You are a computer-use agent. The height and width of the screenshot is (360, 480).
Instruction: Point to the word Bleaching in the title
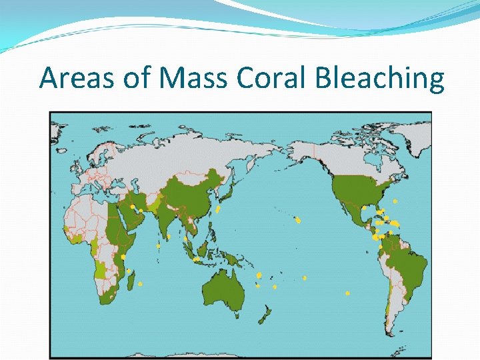379,78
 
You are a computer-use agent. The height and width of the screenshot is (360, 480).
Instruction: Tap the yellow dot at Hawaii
298,221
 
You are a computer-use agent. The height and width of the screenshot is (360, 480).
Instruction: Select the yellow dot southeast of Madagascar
141,285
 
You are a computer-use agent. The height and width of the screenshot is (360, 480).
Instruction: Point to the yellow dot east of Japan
218,209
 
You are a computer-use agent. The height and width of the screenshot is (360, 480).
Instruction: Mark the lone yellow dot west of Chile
348,293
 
